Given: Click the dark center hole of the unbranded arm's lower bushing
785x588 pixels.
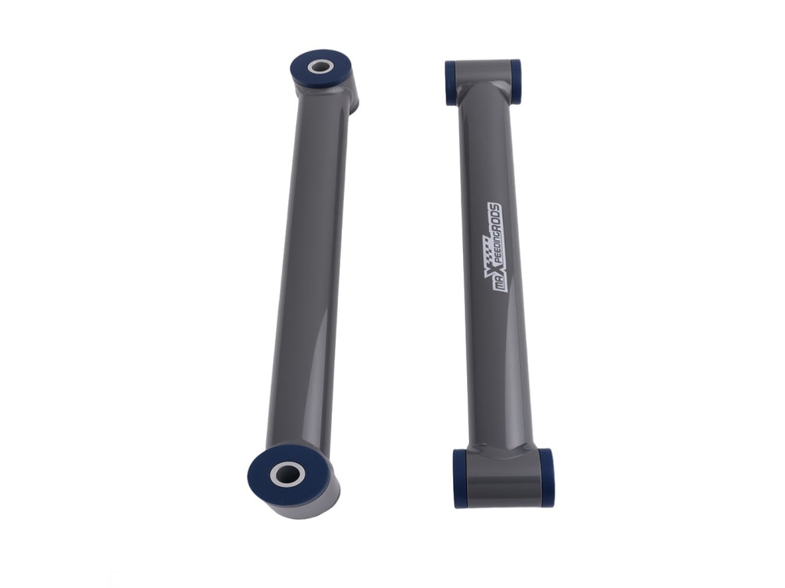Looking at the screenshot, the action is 288,473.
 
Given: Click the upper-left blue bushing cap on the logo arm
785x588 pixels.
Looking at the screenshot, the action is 451,83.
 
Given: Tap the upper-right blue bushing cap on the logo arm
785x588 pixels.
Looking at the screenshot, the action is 515,81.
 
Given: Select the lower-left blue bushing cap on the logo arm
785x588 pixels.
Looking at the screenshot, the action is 460,479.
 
